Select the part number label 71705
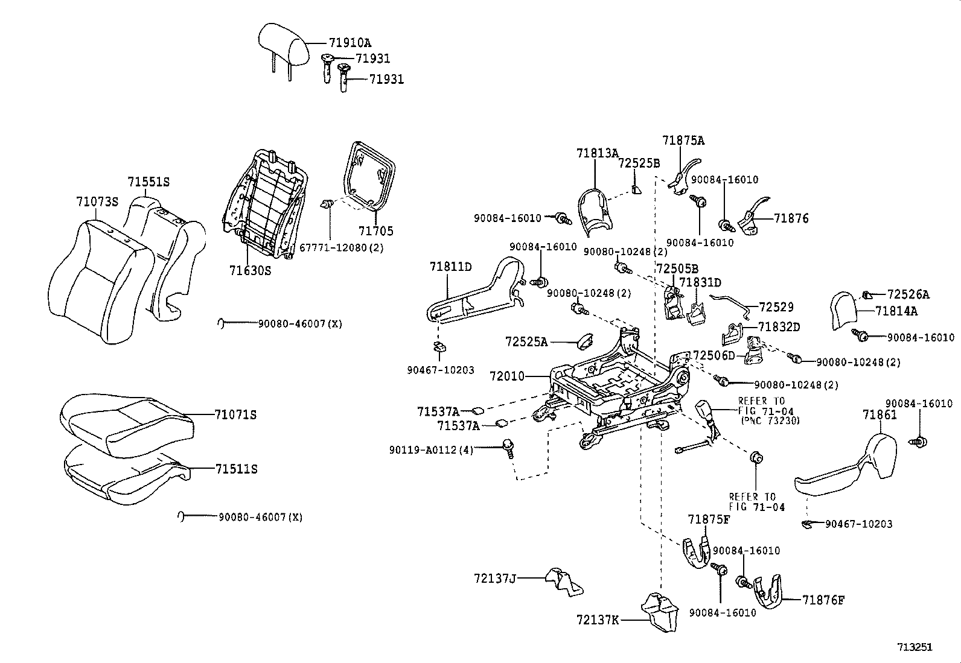tap(375, 231)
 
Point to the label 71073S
tap(97, 201)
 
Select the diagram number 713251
tap(915, 647)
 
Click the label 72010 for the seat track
tap(507, 376)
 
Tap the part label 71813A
tap(597, 153)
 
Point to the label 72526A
tap(908, 295)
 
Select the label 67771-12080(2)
tap(342, 248)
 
